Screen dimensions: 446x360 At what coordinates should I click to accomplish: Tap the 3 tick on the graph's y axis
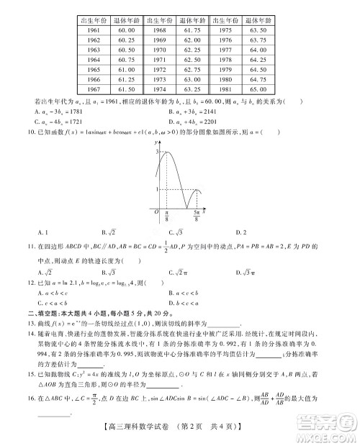[156, 153]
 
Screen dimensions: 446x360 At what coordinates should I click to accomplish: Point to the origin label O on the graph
[156, 212]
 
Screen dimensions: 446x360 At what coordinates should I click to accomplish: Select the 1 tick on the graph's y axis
[156, 189]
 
